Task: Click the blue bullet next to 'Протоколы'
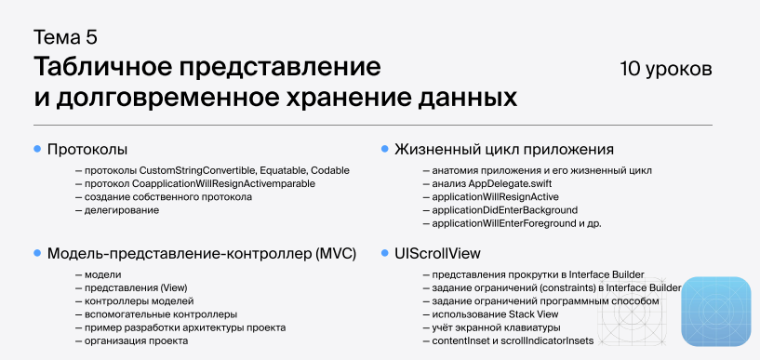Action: coord(37,149)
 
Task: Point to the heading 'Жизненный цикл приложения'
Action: coord(504,149)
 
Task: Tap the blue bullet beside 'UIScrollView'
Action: coord(383,253)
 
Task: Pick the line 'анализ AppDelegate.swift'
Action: coord(479,184)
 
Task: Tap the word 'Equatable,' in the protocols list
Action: coord(279,171)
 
